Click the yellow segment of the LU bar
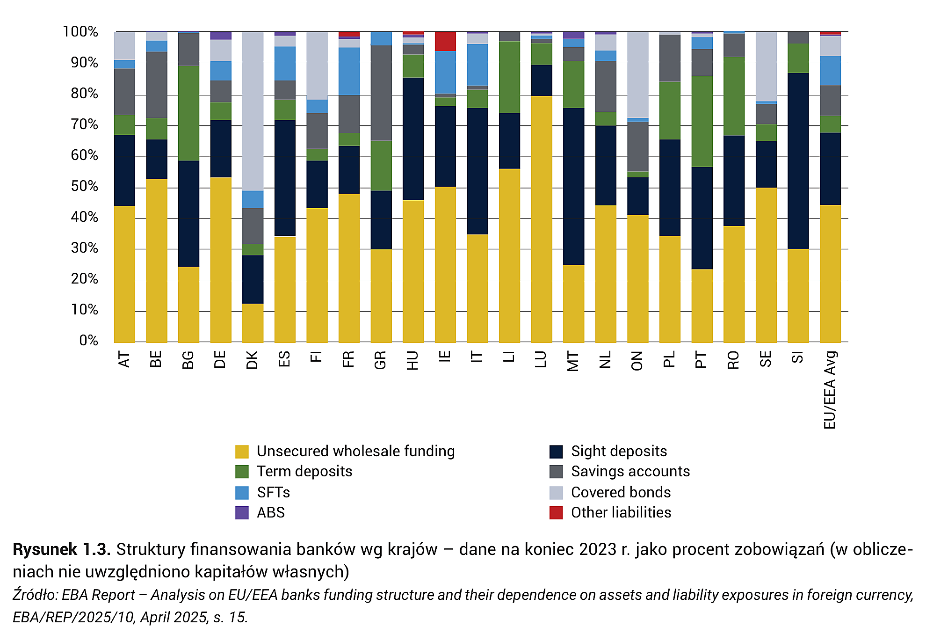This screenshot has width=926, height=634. (x=542, y=219)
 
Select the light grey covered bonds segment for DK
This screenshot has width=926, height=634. (x=253, y=111)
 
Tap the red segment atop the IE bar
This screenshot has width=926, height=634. (x=445, y=42)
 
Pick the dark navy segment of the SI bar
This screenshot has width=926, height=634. (x=798, y=161)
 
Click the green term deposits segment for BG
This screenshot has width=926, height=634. (x=188, y=114)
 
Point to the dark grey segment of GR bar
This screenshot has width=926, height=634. (x=381, y=93)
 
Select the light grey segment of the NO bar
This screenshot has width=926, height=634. (x=638, y=75)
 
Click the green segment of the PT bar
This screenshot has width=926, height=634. (x=702, y=122)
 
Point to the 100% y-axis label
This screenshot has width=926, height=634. (x=80, y=32)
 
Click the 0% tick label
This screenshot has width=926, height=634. (x=88, y=340)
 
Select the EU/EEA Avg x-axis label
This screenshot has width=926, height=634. (x=829, y=390)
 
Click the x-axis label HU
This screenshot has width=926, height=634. (x=412, y=360)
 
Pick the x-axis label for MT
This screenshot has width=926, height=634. (x=572, y=361)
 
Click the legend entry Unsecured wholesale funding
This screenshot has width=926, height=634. (x=345, y=451)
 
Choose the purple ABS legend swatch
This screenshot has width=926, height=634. (x=242, y=513)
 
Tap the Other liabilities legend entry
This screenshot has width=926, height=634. (x=610, y=513)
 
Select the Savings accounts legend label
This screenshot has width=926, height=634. (x=630, y=471)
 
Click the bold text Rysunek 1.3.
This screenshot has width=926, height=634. (x=62, y=549)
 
